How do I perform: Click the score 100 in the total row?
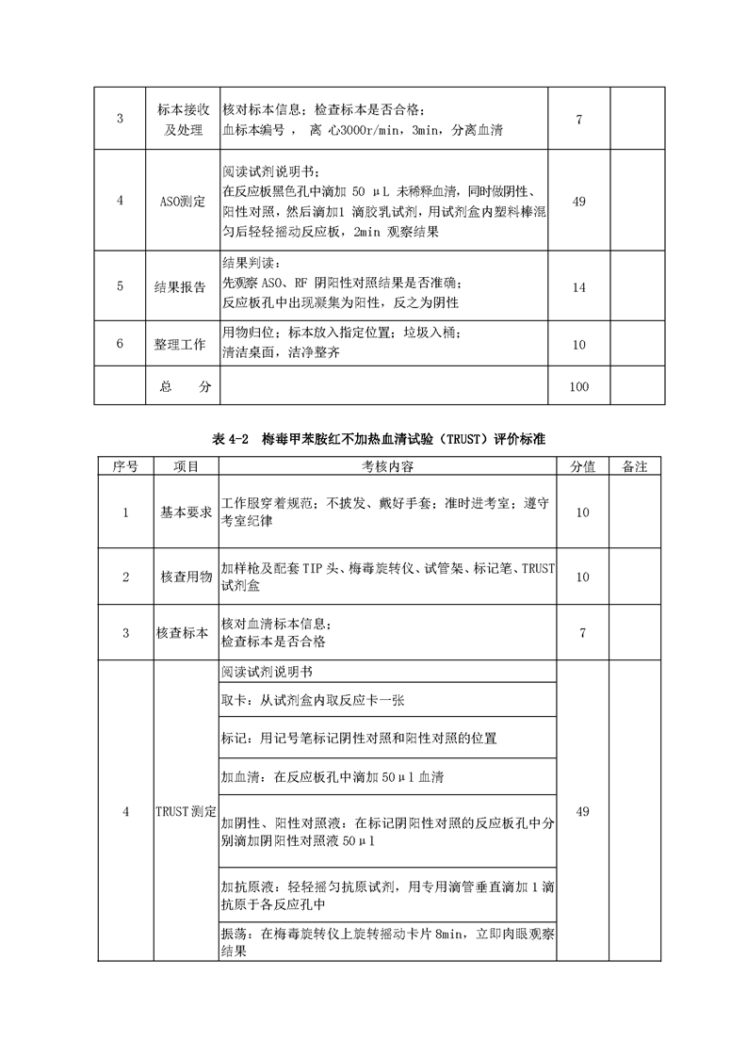tap(579, 386)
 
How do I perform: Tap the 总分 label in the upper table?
tap(186, 386)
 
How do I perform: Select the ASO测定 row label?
tap(186, 201)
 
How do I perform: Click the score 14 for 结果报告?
tap(579, 286)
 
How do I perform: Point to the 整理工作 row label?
tap(186, 344)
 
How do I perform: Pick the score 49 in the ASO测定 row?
tap(579, 201)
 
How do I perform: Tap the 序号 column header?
tap(125, 466)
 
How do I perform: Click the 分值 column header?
tap(582, 466)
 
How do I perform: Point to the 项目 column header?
tap(186, 466)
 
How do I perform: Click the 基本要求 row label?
tap(186, 512)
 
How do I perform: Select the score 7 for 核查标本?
tap(582, 633)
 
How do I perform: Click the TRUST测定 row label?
tap(186, 811)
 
